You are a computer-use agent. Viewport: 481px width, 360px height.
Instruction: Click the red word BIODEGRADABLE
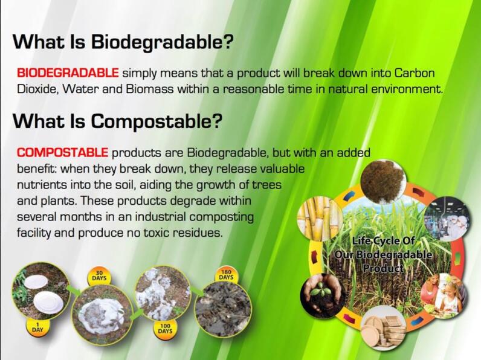68,73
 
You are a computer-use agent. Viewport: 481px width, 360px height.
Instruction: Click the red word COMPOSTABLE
62,152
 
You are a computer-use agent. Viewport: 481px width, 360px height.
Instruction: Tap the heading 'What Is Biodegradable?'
123,42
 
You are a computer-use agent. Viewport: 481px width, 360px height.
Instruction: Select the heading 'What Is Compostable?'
117,121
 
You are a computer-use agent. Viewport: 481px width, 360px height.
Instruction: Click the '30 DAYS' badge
99,276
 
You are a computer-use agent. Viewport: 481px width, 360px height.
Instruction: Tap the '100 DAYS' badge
165,329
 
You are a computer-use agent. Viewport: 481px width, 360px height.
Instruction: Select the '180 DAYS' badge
226,275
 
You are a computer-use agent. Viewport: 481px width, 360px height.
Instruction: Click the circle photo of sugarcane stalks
320,218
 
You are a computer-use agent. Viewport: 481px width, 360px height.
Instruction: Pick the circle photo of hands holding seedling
323,295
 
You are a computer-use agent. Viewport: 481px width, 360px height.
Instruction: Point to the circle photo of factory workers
447,219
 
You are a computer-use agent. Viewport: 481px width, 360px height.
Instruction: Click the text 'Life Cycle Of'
383,241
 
